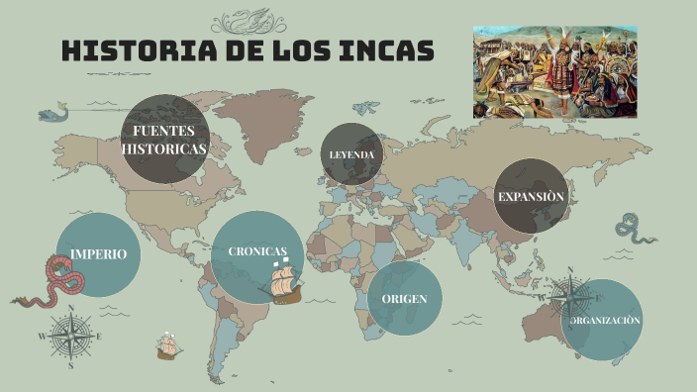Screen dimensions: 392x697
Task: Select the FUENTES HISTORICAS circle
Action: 164,140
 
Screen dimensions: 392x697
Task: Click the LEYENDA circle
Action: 351,154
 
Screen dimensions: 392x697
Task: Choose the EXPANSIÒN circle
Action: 531,196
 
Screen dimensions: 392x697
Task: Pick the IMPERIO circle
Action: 98,254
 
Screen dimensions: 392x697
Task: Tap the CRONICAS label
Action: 257,251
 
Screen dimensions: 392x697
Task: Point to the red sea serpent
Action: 54,282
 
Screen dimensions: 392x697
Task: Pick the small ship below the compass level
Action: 167,346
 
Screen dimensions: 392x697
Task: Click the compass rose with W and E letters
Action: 71,335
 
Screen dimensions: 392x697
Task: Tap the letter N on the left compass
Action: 71,309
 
